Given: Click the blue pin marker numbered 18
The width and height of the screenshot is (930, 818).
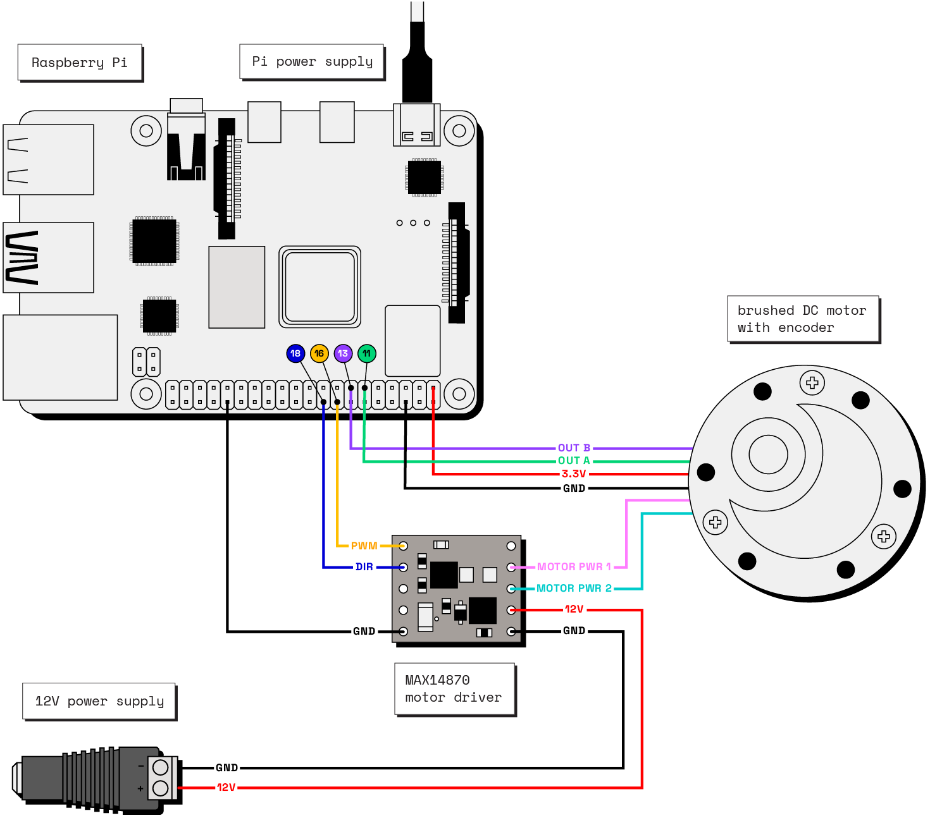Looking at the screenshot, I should click(295, 353).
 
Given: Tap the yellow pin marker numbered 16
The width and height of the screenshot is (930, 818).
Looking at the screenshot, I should click(319, 353).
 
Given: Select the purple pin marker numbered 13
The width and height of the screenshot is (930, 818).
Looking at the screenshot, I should click(343, 353).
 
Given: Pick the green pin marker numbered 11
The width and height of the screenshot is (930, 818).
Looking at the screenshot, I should click(367, 353).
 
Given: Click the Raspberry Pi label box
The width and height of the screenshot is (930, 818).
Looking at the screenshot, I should click(80, 63).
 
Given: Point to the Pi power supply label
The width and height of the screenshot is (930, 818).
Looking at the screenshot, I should click(312, 61).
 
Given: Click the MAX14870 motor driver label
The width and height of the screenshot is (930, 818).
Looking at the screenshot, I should click(454, 688).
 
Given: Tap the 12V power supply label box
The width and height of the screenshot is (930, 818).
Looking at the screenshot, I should click(99, 701).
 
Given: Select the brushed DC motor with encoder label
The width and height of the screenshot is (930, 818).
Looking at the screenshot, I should click(802, 319).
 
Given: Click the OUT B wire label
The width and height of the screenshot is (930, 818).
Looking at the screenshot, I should click(574, 448).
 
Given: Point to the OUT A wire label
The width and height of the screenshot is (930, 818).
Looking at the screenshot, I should click(574, 461).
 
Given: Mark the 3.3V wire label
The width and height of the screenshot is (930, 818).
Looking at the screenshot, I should click(574, 473).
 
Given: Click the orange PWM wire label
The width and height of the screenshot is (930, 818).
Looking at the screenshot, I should click(364, 546).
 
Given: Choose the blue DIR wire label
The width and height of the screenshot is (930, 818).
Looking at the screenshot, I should click(364, 567).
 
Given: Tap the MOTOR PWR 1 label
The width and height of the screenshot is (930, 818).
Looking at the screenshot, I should click(574, 567).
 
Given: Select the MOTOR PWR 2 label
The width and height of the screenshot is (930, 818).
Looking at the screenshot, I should click(574, 589).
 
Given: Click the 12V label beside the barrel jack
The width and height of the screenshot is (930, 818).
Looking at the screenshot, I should click(226, 788).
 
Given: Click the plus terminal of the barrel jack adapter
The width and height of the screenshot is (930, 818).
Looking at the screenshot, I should click(161, 788).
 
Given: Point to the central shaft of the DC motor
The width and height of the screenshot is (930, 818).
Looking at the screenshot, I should click(768, 454).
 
